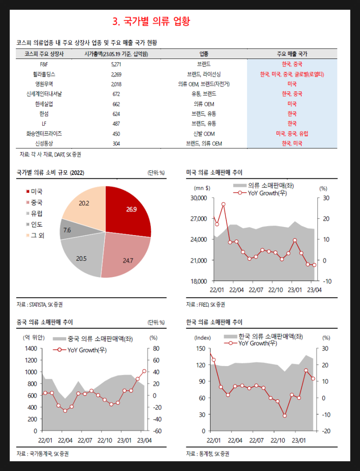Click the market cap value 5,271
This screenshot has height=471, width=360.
[116, 64]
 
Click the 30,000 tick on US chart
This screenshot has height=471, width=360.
[198, 198]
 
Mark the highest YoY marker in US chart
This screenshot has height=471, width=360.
[223, 204]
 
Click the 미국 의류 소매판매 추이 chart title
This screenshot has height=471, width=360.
[215, 172]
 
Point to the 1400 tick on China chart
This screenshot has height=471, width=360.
[31, 349]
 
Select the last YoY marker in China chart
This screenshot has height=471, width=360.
[144, 371]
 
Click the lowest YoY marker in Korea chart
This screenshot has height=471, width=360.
[284, 416]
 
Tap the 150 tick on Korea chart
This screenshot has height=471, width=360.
[201, 349]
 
